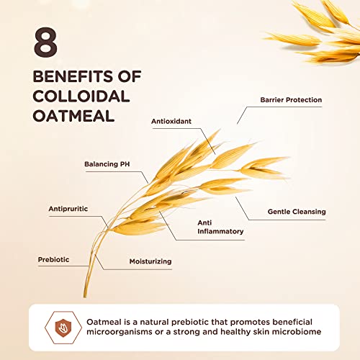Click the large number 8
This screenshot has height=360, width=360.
point(45,42)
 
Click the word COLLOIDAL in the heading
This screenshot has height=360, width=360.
point(81,96)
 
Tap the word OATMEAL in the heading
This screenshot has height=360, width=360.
point(73,116)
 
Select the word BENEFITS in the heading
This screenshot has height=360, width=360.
point(73,76)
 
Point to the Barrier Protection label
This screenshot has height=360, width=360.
point(291,100)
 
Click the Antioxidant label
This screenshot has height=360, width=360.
point(171,121)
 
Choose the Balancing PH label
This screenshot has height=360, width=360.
point(107,164)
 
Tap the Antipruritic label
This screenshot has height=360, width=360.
point(68,209)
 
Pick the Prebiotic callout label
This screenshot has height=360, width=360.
point(53,259)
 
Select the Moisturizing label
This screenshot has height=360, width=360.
point(150,261)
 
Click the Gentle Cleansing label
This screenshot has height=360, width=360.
point(297,212)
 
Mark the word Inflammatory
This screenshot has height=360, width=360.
point(220,231)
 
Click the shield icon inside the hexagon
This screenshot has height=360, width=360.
point(63,328)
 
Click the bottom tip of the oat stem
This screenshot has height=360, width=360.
point(85,297)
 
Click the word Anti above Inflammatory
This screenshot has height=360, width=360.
point(204,222)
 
